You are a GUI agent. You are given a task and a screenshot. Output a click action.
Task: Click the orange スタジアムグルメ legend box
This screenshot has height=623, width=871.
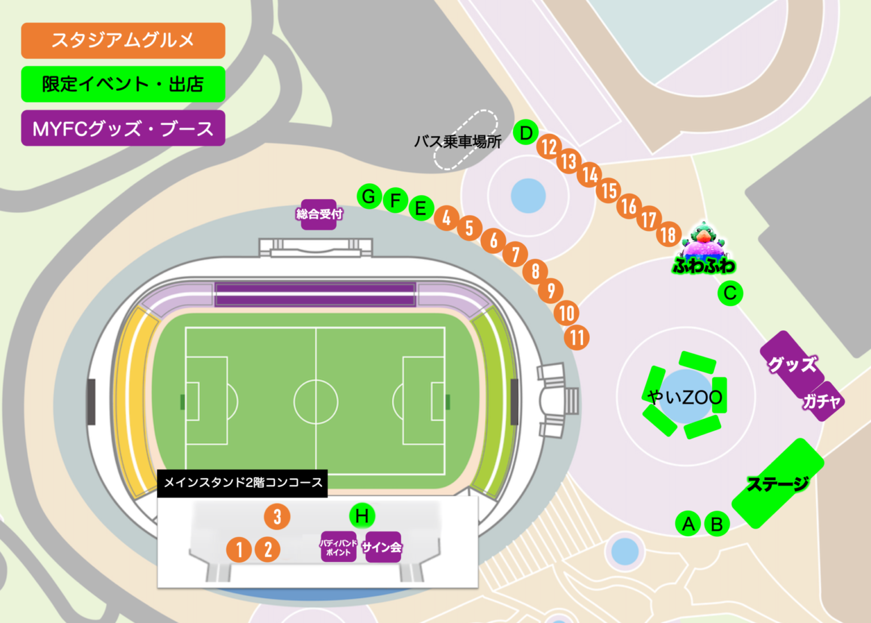tap(123, 40)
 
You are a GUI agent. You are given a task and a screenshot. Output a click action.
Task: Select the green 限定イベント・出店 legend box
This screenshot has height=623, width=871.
tap(123, 84)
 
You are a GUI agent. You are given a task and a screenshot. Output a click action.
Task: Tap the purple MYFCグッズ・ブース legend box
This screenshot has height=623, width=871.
tap(123, 128)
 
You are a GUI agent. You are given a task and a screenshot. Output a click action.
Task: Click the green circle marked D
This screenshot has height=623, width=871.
tap(526, 133)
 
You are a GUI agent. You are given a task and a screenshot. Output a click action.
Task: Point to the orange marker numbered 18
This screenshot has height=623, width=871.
tap(669, 234)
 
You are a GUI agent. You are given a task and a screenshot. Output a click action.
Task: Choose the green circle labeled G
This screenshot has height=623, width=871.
tap(369, 196)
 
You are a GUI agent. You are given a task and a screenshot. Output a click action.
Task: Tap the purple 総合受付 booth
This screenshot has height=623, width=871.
tap(319, 214)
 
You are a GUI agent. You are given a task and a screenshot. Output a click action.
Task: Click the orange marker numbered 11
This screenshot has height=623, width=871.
tap(577, 338)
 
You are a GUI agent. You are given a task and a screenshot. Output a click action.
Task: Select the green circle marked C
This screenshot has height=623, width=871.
tap(730, 293)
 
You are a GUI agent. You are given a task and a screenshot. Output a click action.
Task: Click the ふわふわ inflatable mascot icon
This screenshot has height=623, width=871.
tap(704, 250)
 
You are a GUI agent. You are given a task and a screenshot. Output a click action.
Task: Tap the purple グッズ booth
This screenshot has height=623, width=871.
tap(792, 364)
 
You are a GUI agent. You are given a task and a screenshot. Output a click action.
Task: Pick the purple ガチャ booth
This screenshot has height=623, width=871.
tap(822, 402)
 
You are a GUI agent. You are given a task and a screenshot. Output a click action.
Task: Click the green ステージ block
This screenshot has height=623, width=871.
tap(777, 483)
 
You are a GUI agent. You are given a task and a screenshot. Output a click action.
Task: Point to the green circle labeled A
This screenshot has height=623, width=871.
tap(688, 523)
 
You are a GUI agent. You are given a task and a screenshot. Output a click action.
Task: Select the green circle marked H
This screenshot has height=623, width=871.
tap(362, 516)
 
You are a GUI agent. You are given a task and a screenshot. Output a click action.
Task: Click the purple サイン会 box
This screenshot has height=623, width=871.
tap(383, 547)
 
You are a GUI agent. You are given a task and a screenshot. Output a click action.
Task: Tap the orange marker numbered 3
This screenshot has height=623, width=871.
tap(277, 516)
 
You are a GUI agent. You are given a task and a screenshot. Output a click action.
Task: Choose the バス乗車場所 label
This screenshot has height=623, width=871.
tap(458, 141)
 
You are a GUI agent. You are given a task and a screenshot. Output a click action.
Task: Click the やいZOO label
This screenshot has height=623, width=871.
tap(685, 397)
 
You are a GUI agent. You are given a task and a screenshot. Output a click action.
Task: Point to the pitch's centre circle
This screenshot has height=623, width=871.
tap(316, 401)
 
